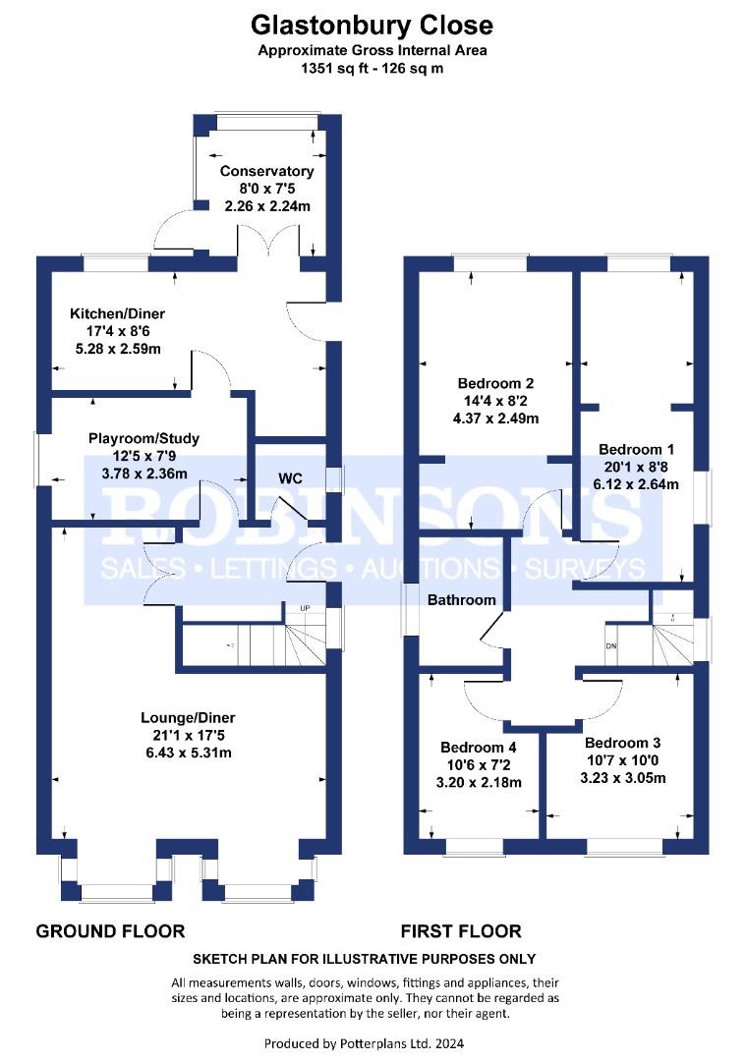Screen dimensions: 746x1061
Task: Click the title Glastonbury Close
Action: [372, 26]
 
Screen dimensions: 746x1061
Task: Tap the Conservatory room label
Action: [266, 171]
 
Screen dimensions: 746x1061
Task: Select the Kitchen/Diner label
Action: [118, 313]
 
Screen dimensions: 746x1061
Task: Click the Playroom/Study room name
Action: [144, 438]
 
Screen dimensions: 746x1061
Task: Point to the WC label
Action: [290, 478]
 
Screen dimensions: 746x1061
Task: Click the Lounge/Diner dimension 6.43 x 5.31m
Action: [189, 753]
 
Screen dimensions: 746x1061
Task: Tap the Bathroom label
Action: [462, 600]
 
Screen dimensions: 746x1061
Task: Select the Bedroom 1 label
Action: [636, 449]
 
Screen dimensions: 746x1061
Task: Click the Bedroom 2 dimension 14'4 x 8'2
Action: [496, 401]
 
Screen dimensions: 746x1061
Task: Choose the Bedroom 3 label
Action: [623, 743]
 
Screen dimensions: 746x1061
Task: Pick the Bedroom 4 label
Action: [479, 747]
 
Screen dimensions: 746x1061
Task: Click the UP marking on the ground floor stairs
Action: [306, 608]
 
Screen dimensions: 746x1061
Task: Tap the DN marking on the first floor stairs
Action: [611, 646]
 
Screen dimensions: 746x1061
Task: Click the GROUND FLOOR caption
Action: [110, 931]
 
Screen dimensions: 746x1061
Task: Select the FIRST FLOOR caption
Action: [461, 931]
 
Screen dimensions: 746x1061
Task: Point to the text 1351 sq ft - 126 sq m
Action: [373, 69]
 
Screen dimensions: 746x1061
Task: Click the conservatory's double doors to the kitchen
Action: [268, 241]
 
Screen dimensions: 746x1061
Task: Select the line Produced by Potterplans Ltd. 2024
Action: [365, 1043]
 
